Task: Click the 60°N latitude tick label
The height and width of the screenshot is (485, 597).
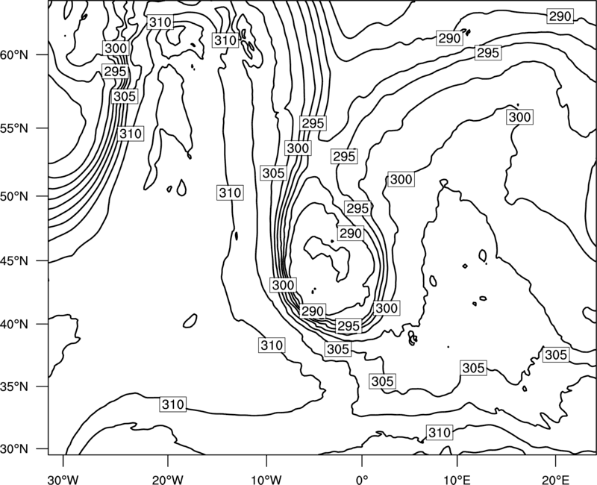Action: pos(14,54)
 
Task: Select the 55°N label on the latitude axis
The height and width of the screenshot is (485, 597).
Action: pos(14,128)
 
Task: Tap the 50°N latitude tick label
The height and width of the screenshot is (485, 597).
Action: pos(14,196)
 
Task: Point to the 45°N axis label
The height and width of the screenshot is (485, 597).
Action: pos(14,261)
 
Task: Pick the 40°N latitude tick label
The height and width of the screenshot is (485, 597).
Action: pos(14,325)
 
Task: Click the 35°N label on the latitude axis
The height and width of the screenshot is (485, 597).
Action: pos(14,387)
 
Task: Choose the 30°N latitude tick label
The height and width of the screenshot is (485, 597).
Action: pos(14,449)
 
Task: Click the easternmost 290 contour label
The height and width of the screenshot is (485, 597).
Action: pos(560,16)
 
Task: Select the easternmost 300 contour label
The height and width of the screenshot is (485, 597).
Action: pos(519,117)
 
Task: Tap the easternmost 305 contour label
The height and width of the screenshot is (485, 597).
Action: pos(556,355)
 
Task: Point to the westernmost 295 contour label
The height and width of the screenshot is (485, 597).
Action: pos(115,72)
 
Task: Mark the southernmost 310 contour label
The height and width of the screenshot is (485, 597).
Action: pos(440,433)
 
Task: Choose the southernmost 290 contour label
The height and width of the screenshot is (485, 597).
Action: pos(313,311)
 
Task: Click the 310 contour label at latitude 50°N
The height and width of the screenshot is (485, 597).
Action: pos(231,193)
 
